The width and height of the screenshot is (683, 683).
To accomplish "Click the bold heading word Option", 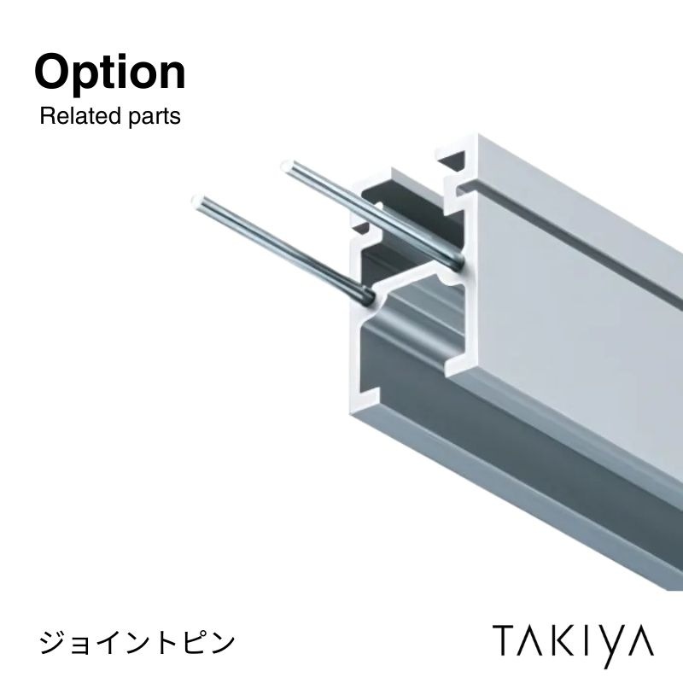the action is pos(110,73).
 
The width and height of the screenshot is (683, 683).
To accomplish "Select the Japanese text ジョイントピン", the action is pos(137,643).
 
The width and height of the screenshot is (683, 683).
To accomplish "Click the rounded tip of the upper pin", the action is pos(287,166).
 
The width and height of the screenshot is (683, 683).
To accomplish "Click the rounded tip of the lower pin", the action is pos(197,201).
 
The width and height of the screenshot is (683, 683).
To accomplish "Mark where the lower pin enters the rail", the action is pos(369,297).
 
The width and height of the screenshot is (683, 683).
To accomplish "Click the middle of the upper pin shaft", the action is pos(371,213).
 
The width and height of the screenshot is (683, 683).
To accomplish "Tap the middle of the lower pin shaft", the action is pos(283,249).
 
